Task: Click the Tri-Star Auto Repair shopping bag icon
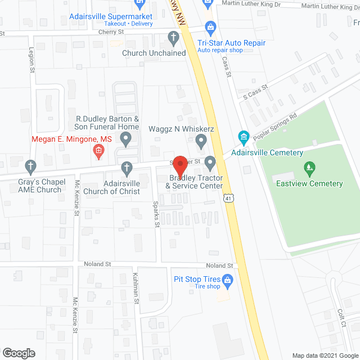tap(210, 26)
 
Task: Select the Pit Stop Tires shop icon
tap(228, 279)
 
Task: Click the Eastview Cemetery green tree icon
tap(308, 168)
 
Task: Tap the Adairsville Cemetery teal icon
tap(244, 137)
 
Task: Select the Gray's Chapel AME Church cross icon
tap(31, 166)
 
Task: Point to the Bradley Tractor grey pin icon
tap(210, 164)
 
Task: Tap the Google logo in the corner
tap(18, 353)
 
